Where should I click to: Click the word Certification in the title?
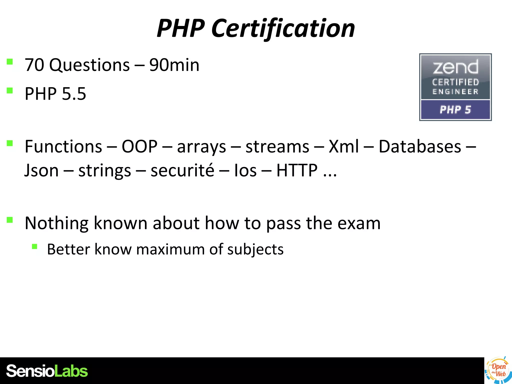click(x=283, y=28)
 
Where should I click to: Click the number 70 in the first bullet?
click(x=34, y=65)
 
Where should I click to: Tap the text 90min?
click(x=174, y=65)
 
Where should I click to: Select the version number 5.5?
click(x=74, y=94)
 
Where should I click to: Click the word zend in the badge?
click(x=455, y=67)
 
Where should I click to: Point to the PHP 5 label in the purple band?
click(x=455, y=110)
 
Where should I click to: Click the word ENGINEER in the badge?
click(x=455, y=92)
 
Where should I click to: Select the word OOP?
click(x=139, y=146)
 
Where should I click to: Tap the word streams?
click(x=277, y=146)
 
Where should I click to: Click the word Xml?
click(x=344, y=146)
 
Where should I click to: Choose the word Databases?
click(x=420, y=146)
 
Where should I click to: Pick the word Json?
click(x=41, y=170)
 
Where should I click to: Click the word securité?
click(x=182, y=170)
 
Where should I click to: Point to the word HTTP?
click(x=297, y=170)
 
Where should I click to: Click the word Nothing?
click(x=57, y=223)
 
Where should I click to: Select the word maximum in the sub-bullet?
click(x=170, y=249)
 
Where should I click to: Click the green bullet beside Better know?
click(x=34, y=247)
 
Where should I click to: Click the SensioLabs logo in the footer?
click(x=47, y=371)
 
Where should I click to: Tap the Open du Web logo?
click(x=498, y=370)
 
